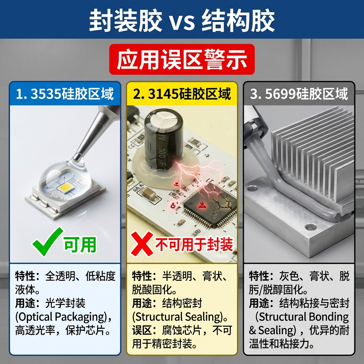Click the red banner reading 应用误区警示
(182, 59)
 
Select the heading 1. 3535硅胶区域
(65, 94)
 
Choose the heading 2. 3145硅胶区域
(182, 94)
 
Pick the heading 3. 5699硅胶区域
(299, 94)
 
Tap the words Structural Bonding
(303, 317)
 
